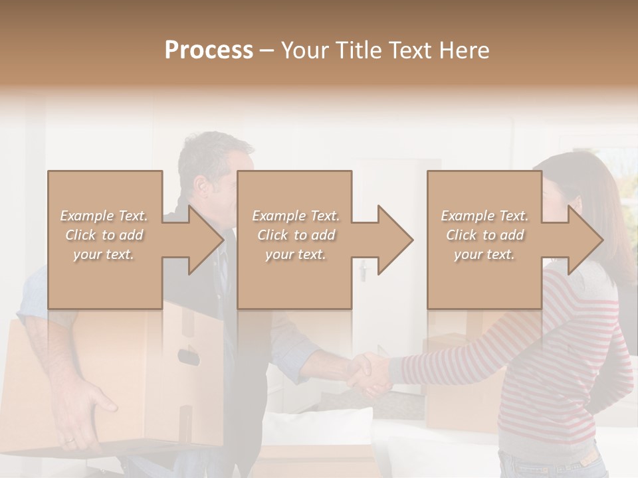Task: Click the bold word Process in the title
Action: [209, 50]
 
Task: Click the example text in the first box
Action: [104, 235]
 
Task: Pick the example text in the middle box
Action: [296, 235]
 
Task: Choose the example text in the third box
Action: [484, 235]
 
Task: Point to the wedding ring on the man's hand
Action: [69, 439]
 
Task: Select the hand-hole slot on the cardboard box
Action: [189, 357]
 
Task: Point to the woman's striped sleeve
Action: [452, 358]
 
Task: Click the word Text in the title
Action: [417, 50]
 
